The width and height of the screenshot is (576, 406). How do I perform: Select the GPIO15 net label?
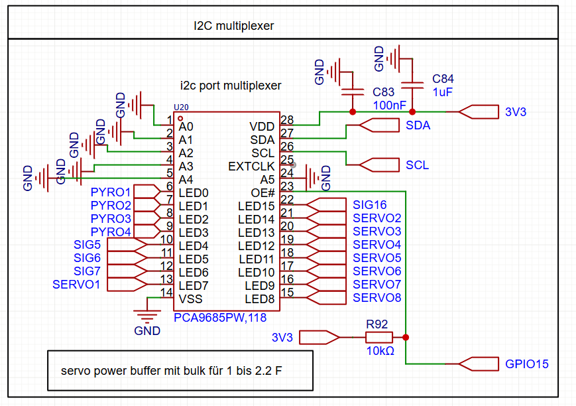[527, 364]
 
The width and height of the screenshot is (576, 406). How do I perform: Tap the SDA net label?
[418, 125]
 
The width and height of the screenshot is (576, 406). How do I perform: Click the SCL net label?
[417, 165]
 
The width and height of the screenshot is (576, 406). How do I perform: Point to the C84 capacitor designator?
[443, 79]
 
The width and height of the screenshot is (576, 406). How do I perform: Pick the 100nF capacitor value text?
[390, 105]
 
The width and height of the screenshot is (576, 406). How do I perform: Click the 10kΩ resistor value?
[380, 350]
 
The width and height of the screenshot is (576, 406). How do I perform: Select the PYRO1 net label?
[111, 192]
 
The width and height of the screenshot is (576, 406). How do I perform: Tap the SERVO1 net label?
[76, 285]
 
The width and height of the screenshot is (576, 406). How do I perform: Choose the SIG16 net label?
[369, 205]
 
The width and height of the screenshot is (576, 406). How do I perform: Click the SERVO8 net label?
[376, 298]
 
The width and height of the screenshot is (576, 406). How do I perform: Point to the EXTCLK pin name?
[251, 166]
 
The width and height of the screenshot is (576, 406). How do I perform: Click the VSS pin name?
[190, 299]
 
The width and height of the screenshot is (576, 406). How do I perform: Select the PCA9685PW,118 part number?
[220, 318]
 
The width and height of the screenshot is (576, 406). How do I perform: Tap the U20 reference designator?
[181, 107]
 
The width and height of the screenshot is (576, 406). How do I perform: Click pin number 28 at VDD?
[287, 120]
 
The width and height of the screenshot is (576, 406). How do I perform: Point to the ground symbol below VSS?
[146, 314]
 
